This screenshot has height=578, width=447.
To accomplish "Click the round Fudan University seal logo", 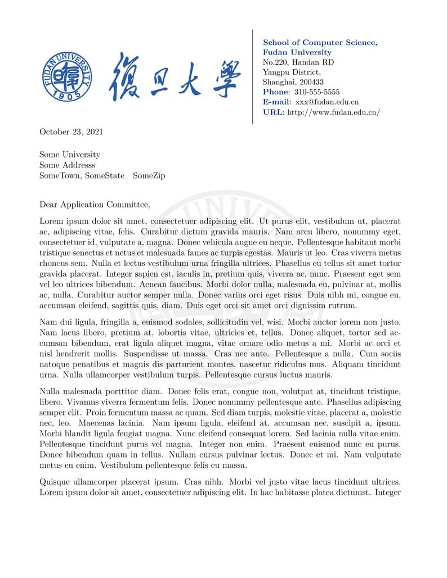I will tap(67, 76).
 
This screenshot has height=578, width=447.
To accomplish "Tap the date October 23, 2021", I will tap(71, 132).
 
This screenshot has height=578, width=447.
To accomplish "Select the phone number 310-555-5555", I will tap(317, 92).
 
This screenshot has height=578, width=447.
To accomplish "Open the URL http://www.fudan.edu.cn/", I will tap(334, 112).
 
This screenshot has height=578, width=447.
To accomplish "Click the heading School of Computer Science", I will tap(320, 43).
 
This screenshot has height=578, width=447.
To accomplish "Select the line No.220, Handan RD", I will tap(298, 62).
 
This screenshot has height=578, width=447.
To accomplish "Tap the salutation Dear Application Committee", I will tap(95, 205).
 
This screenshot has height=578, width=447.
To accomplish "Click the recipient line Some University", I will tap(70, 155).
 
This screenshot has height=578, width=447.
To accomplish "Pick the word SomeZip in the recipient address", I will tap(149, 175).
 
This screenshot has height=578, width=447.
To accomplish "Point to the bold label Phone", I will tap(275, 92).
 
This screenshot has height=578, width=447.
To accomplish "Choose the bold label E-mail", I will tap(276, 102).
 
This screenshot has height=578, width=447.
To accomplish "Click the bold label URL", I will tap(272, 112).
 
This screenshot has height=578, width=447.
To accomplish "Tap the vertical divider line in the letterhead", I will tap(252, 76).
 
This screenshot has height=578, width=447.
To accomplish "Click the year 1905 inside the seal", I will tap(67, 96).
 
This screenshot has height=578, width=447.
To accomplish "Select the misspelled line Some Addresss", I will tap(67, 165).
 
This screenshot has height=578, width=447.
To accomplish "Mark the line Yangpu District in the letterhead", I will tap(292, 72).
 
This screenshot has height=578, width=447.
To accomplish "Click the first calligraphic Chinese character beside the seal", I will tap(124, 76).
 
